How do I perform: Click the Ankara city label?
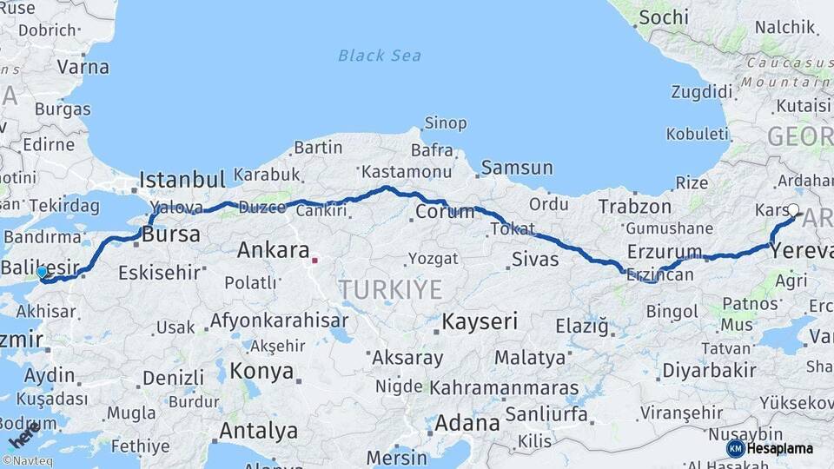click(274, 251)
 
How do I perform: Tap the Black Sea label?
click(380, 56)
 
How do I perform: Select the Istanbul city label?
click(182, 180)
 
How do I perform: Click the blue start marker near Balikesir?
click(41, 273)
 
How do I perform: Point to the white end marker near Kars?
click(793, 209)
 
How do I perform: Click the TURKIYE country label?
click(390, 289)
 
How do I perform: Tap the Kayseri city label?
click(480, 321)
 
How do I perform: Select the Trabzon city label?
click(635, 207)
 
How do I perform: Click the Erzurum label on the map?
click(665, 252)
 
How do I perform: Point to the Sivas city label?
click(535, 259)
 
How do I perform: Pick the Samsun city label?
click(517, 168)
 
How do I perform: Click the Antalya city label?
click(258, 431)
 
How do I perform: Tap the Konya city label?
click(261, 372)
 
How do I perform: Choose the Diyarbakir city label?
click(709, 370)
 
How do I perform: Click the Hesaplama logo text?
click(780, 449)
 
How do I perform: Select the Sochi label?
click(664, 17)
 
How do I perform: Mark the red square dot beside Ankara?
click(314, 259)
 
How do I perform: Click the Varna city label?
click(83, 67)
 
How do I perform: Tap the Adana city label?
click(467, 424)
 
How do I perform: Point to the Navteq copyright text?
click(27, 461)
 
